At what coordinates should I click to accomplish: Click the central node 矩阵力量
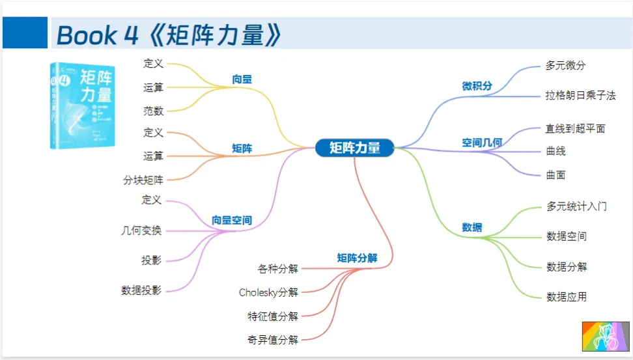(x=355, y=148)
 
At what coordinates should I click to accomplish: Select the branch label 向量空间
(x=232, y=221)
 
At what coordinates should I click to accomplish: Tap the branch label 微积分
(x=477, y=86)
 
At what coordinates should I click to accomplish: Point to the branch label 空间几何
(x=482, y=143)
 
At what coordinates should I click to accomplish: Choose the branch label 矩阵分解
(x=357, y=258)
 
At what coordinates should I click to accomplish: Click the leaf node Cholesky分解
(x=268, y=292)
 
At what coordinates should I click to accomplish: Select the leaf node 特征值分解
(x=273, y=316)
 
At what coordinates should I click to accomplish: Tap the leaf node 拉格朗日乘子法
(x=580, y=96)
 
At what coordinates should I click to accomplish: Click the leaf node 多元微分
(x=566, y=66)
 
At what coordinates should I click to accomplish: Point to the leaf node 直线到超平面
(x=575, y=129)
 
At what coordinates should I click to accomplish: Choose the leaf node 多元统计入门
(x=577, y=206)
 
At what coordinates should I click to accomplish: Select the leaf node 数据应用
(x=567, y=297)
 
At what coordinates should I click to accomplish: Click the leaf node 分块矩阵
(x=143, y=180)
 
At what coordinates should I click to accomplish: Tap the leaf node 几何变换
(x=141, y=230)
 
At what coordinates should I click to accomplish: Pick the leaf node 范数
(x=153, y=111)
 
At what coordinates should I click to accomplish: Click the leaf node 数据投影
(x=141, y=290)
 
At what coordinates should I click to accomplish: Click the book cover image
(x=83, y=105)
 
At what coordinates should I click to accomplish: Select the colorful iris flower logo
(x=606, y=336)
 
